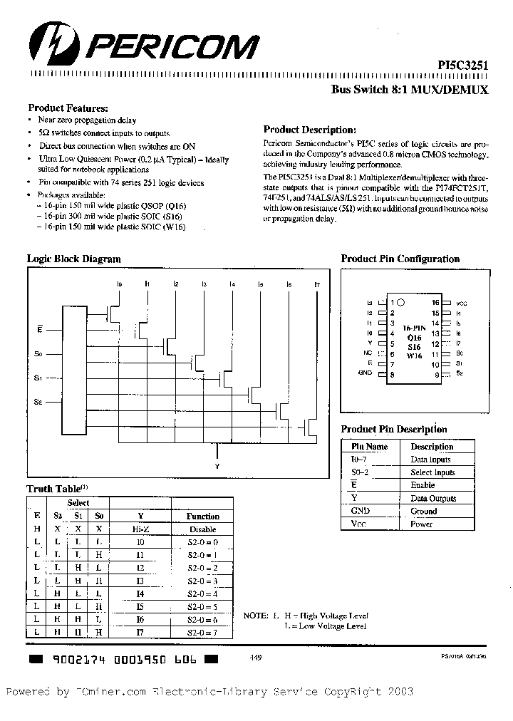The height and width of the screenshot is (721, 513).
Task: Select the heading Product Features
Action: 67,108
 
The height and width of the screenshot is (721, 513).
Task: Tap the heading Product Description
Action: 309,130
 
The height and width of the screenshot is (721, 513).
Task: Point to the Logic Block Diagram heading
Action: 73,259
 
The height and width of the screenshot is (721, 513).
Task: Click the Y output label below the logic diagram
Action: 217,466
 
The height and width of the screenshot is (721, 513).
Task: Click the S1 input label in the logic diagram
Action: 39,377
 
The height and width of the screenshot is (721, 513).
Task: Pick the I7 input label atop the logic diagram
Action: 317,285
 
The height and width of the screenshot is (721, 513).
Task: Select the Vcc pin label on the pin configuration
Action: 461,303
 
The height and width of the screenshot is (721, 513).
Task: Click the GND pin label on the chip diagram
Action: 366,373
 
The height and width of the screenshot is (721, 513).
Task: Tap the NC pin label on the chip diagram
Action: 368,353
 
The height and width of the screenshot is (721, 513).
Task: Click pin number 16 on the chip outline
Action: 435,303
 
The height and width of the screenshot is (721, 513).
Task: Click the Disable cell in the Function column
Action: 202,529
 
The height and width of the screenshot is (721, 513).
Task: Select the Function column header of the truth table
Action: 203,516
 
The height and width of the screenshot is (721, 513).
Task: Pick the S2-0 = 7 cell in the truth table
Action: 202,632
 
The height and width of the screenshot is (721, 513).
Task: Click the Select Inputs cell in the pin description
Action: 432,472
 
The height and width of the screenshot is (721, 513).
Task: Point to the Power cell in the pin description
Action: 422,524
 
